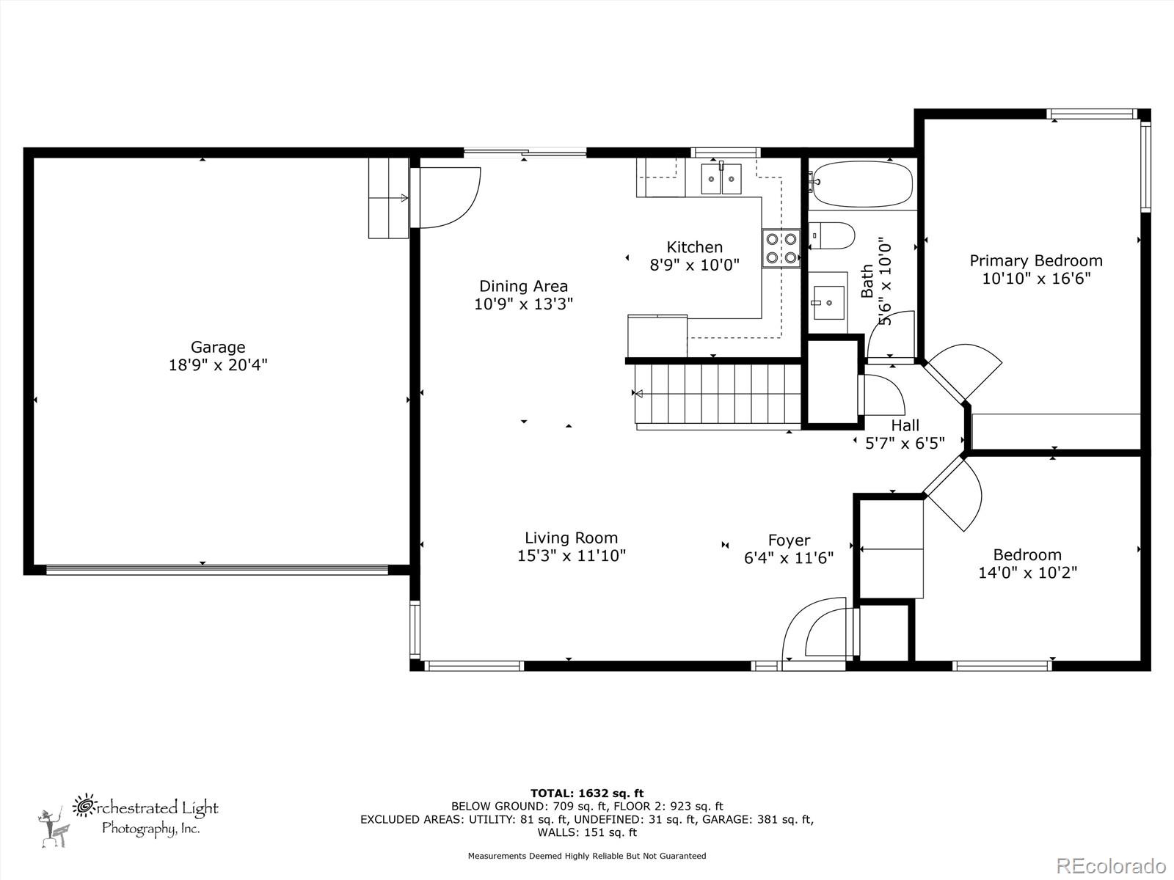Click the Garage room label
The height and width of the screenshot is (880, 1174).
coord(218,348)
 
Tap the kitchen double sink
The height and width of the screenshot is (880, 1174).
coord(721,179)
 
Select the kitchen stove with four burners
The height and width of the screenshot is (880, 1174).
coord(781,248)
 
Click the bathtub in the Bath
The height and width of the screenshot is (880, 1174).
coord(863,183)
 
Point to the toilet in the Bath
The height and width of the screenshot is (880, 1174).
coord(834,236)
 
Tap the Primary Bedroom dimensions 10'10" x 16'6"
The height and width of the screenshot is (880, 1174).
coord(1036,279)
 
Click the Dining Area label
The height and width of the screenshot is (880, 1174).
coord(523,286)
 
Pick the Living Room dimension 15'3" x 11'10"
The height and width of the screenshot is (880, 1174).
coord(572,556)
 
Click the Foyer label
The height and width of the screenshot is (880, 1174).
coord(789,540)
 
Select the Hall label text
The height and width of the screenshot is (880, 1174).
coord(905,425)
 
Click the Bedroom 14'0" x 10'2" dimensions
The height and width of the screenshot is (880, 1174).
coord(1027,573)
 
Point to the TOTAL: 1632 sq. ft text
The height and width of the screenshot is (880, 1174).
coord(587,793)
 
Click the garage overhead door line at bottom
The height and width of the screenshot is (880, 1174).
coord(217,569)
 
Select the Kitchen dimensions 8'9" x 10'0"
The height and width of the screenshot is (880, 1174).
coord(694,265)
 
